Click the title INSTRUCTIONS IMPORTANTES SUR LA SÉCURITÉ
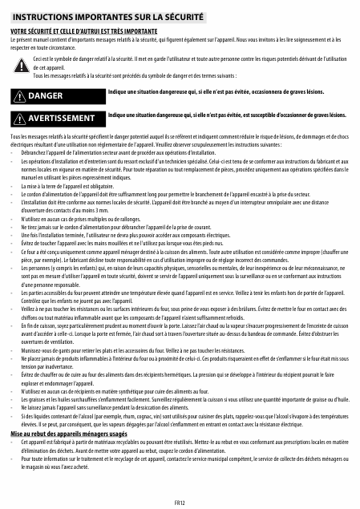click(107, 16)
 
